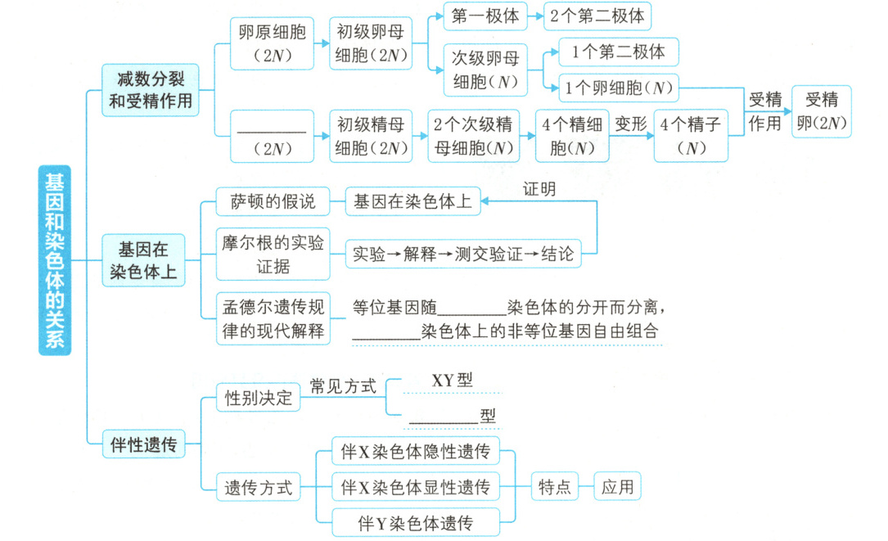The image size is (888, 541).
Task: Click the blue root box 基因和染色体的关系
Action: pos(55,260)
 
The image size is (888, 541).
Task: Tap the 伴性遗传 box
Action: pos(143,445)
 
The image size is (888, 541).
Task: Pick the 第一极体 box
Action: pos(486,16)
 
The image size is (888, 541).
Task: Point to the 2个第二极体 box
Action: pos(597,16)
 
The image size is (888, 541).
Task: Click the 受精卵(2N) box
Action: pos(821,111)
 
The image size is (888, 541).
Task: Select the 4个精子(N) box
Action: pos(691,136)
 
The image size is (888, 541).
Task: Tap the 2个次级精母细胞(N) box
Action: pos(473,136)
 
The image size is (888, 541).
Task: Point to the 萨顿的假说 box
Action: pos(272,201)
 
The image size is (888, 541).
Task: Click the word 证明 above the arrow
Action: pos(539,190)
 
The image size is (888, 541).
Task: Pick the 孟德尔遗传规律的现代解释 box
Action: pos(273,318)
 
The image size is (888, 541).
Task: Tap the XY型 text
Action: pos(452,381)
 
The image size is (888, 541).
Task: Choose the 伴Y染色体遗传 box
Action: pos(417,521)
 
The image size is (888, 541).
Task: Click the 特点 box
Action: pos(554,487)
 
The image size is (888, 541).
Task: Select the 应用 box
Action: pos(617,487)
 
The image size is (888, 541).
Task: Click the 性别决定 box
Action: pos(258,398)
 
